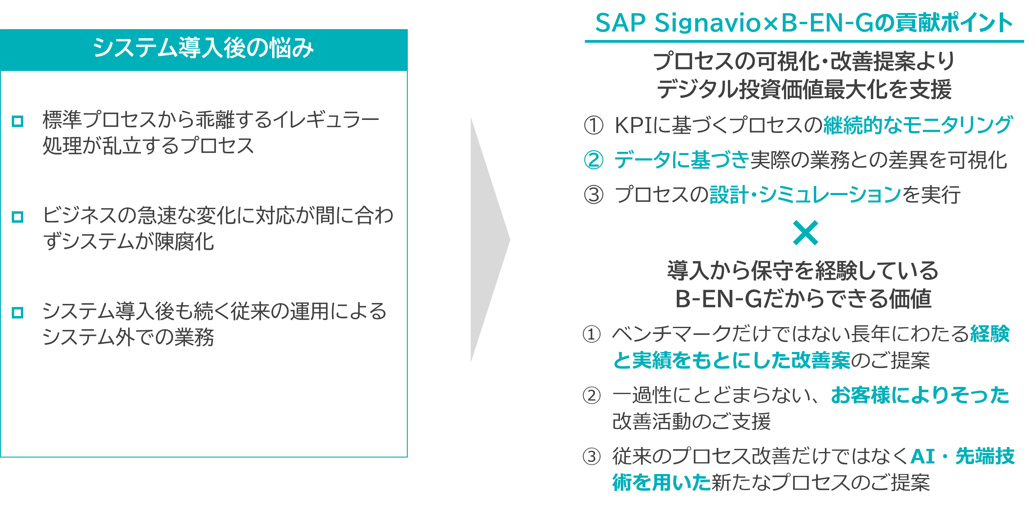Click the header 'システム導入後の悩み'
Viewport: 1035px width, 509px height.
pyautogui.click(x=203, y=48)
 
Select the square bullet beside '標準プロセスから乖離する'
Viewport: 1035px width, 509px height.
pyautogui.click(x=18, y=121)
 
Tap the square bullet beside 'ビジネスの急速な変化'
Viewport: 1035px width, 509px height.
pyautogui.click(x=18, y=217)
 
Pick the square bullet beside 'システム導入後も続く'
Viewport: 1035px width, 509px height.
pyautogui.click(x=18, y=313)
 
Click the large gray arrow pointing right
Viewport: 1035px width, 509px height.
pyautogui.click(x=488, y=240)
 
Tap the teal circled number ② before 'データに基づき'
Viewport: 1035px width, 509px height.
pyautogui.click(x=593, y=160)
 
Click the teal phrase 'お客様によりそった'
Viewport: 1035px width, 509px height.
pyautogui.click(x=920, y=395)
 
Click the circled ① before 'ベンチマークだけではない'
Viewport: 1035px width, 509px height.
pyautogui.click(x=592, y=334)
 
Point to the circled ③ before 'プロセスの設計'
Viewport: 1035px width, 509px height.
pyautogui.click(x=593, y=195)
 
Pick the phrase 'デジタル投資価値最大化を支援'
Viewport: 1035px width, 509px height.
pyautogui.click(x=804, y=89)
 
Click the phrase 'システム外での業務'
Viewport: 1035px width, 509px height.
pyautogui.click(x=128, y=337)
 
